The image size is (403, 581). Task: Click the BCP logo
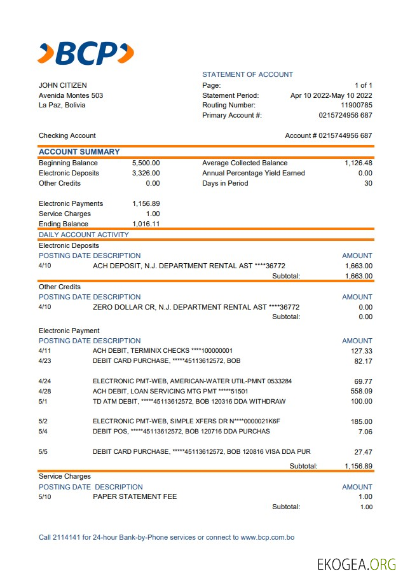pos(86,53)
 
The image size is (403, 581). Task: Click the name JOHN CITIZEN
pos(63,85)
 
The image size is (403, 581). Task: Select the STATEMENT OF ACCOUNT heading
pos(248,74)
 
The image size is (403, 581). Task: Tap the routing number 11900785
pos(357,105)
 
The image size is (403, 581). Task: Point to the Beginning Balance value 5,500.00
pos(146,163)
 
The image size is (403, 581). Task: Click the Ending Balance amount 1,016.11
pos(146,224)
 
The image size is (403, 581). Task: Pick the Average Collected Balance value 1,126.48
pos(359,163)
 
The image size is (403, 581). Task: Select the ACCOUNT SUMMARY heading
pos(79,152)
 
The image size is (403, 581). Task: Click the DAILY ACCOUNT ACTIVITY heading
pos(84,235)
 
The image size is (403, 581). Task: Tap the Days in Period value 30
pos(368,183)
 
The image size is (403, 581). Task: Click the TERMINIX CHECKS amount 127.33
pos(361,350)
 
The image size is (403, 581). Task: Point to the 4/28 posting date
pos(44,391)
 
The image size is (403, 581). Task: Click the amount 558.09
pos(361,391)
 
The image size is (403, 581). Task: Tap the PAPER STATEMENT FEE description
pos(135,496)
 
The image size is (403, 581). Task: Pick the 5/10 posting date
pos(45,496)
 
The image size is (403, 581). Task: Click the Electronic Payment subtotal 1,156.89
pos(358,466)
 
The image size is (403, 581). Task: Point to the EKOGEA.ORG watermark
pos(357,564)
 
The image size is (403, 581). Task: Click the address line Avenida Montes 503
pos(71,95)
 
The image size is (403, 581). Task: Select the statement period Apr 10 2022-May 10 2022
pos(331,95)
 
